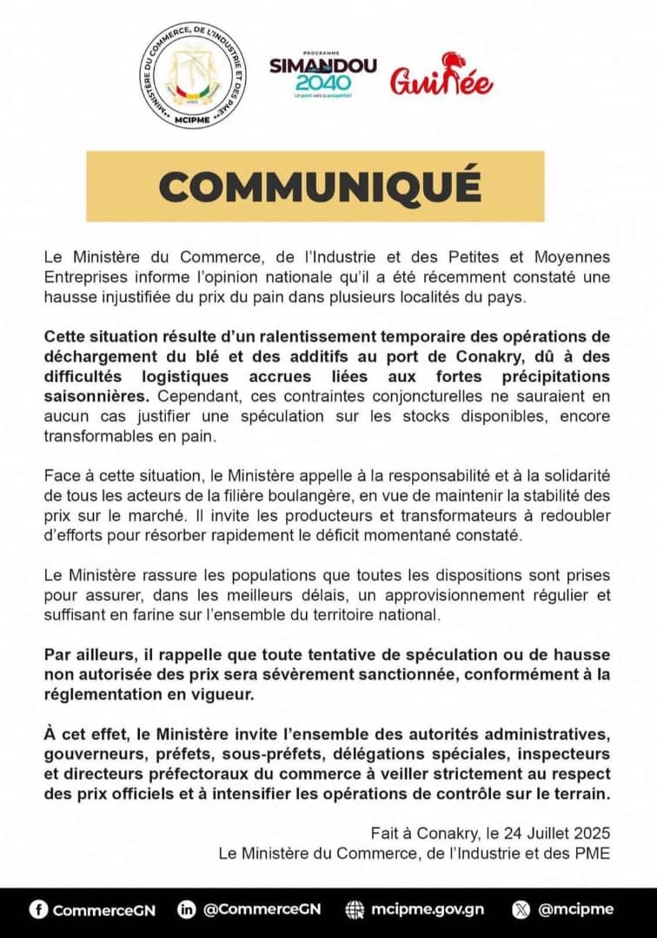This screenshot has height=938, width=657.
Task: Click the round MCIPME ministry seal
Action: point(194,86)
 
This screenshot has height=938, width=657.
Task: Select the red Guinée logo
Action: point(441,76)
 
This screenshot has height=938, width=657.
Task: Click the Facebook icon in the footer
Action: point(37,909)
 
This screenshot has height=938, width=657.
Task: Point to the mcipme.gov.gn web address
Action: point(427,909)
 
